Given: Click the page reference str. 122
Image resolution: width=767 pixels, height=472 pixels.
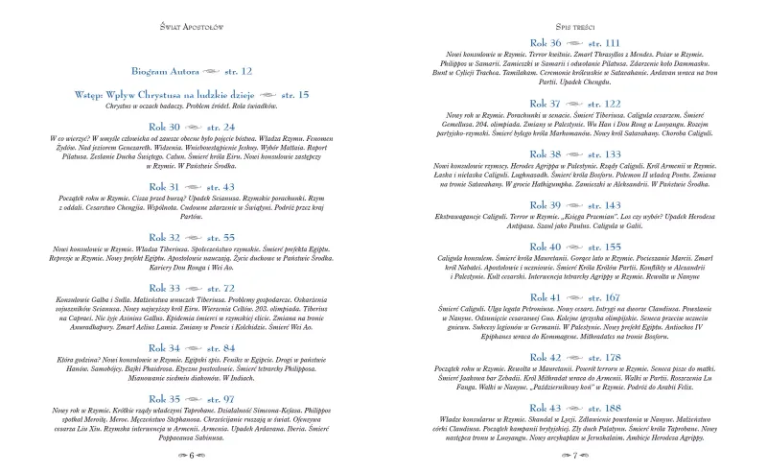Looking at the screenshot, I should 601,104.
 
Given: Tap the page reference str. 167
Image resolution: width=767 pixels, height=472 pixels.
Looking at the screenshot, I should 601,298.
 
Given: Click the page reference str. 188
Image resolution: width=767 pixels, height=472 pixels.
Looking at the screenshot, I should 601,409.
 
